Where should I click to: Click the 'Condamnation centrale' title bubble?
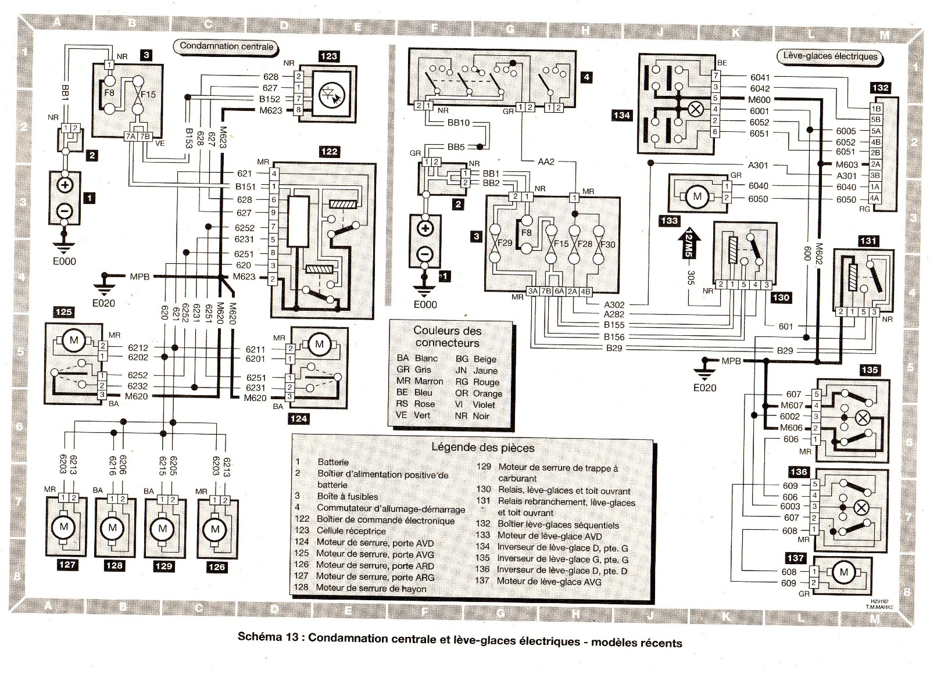pos(226,46)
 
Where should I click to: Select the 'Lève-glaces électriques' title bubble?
pos(830,56)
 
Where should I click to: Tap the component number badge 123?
pos(328,56)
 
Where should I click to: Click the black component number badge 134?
pos(621,115)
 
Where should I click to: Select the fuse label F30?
pos(607,244)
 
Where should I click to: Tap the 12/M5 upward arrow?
pos(690,242)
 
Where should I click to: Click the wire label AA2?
pos(546,161)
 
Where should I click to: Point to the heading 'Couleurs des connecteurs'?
pos(447,336)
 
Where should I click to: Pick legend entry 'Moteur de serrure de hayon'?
pos(371,588)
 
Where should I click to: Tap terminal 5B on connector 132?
pos(875,120)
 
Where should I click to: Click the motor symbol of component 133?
pos(697,197)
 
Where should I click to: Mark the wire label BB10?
pos(459,123)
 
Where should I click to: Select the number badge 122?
pos(329,152)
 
